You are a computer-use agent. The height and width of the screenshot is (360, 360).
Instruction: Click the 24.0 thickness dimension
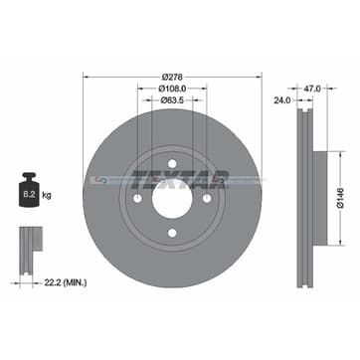pos(283,99)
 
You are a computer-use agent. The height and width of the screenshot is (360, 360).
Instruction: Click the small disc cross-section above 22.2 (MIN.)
pos(30,243)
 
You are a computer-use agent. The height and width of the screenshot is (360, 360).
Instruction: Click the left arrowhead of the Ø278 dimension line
pos(85,79)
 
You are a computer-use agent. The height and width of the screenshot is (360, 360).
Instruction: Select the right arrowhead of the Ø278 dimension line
pos(259,79)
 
